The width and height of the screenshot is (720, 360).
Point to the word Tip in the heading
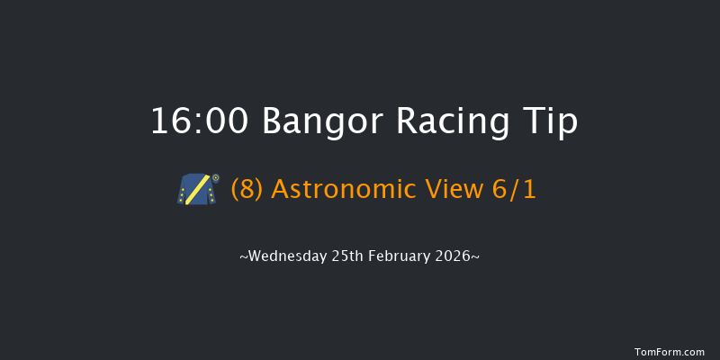548,121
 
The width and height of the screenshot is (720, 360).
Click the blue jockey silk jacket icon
196,190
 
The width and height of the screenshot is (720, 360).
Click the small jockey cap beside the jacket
215,178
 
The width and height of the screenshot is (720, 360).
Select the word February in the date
402,256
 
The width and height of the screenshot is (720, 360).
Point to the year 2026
454,256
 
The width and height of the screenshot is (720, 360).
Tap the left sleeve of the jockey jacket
184,193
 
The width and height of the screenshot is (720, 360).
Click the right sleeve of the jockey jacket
210,193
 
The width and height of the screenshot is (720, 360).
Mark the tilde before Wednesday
243,257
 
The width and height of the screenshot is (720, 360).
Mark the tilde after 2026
475,257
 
